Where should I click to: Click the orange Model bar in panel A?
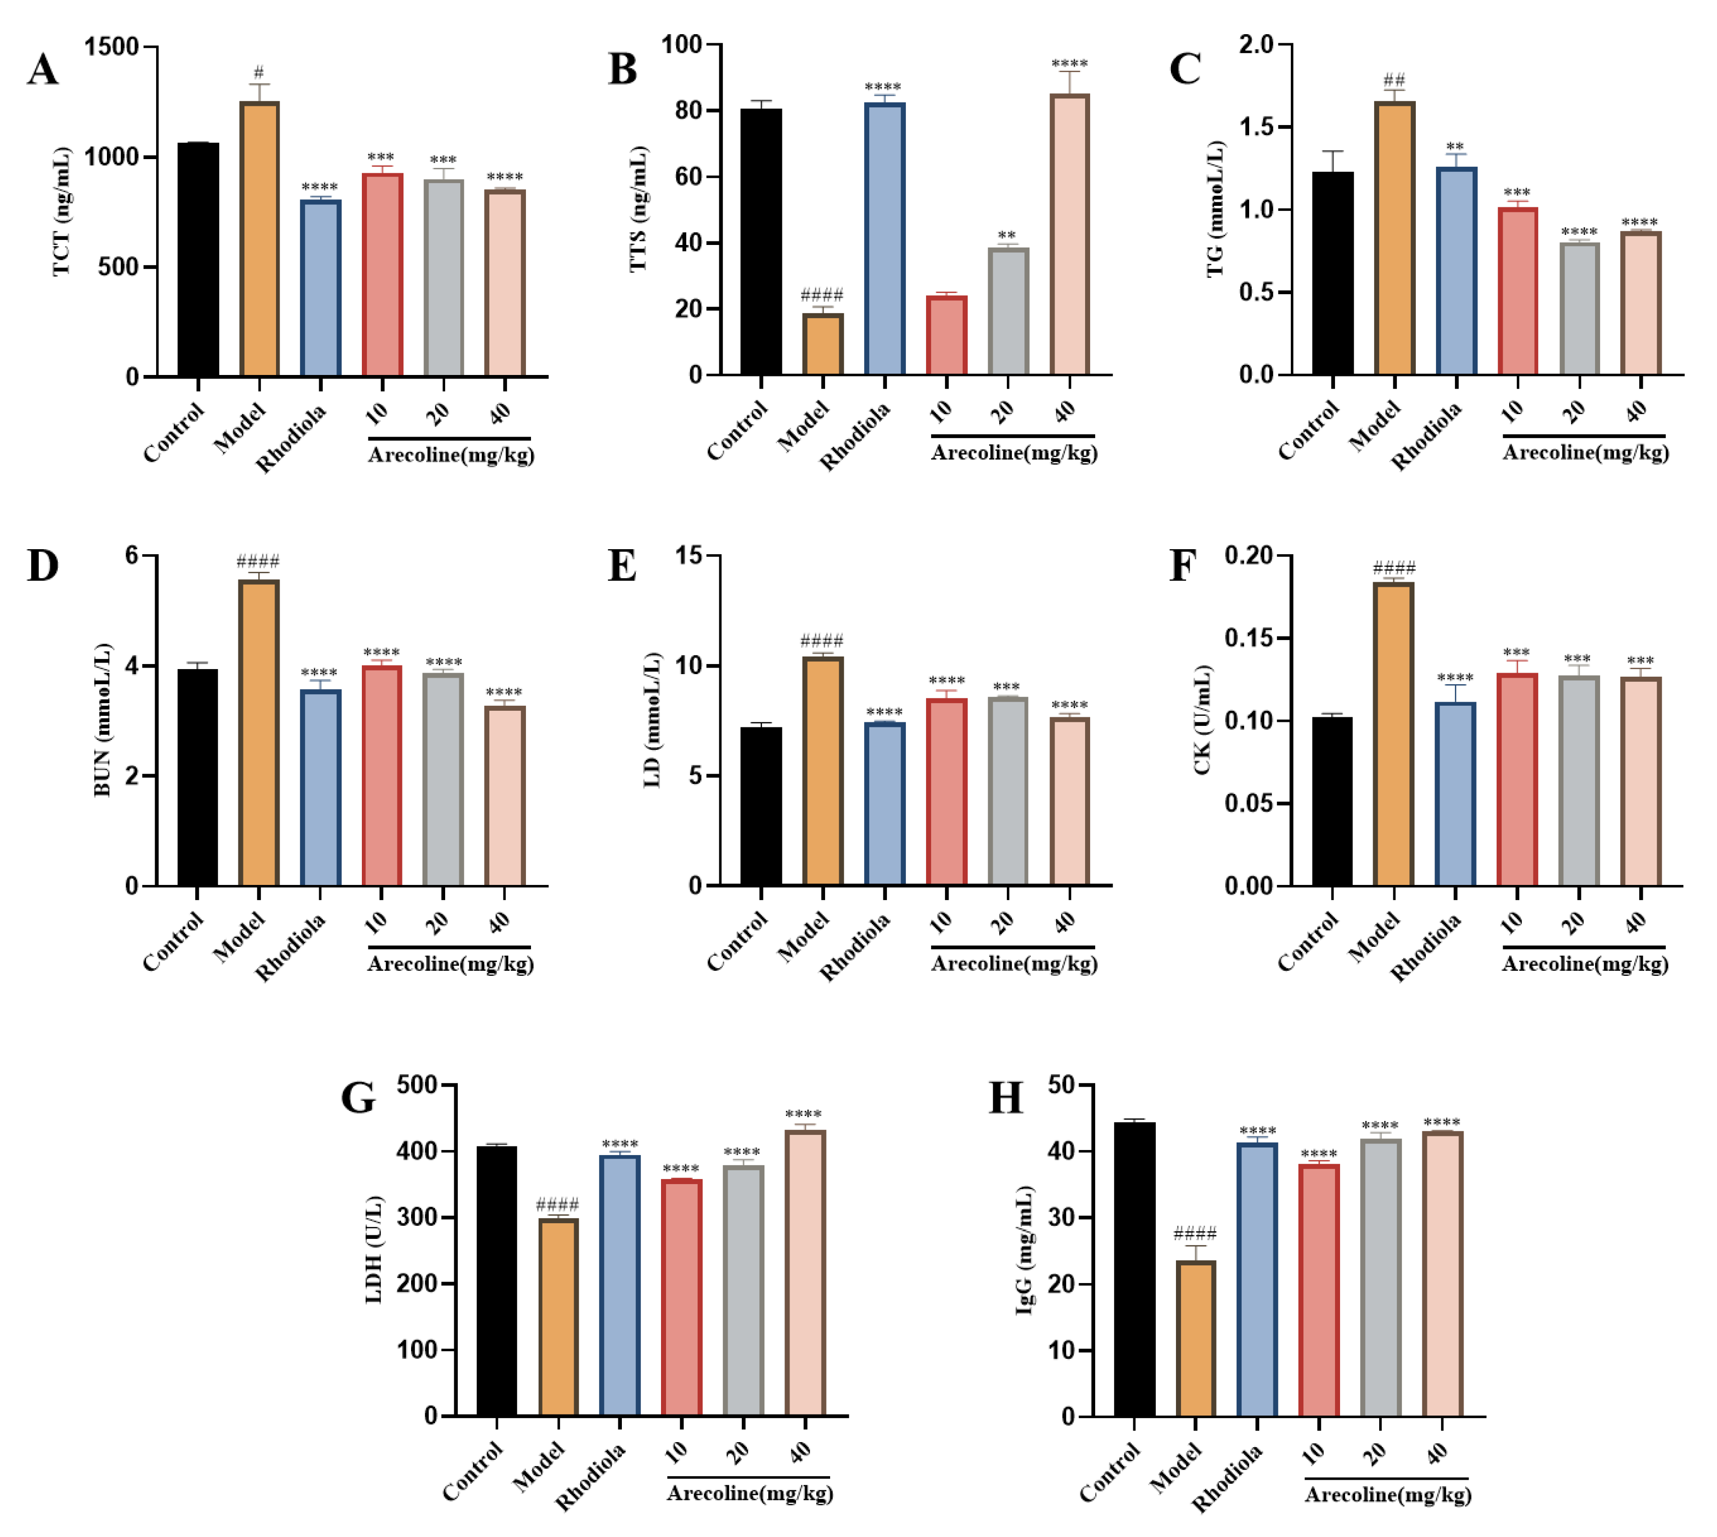[x=259, y=240]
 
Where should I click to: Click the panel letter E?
[x=622, y=566]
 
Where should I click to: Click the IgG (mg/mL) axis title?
[x=1024, y=1250]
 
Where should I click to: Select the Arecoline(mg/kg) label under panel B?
[x=1013, y=453]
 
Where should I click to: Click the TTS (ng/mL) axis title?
[x=638, y=209]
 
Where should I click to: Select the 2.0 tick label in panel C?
[x=1256, y=44]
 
